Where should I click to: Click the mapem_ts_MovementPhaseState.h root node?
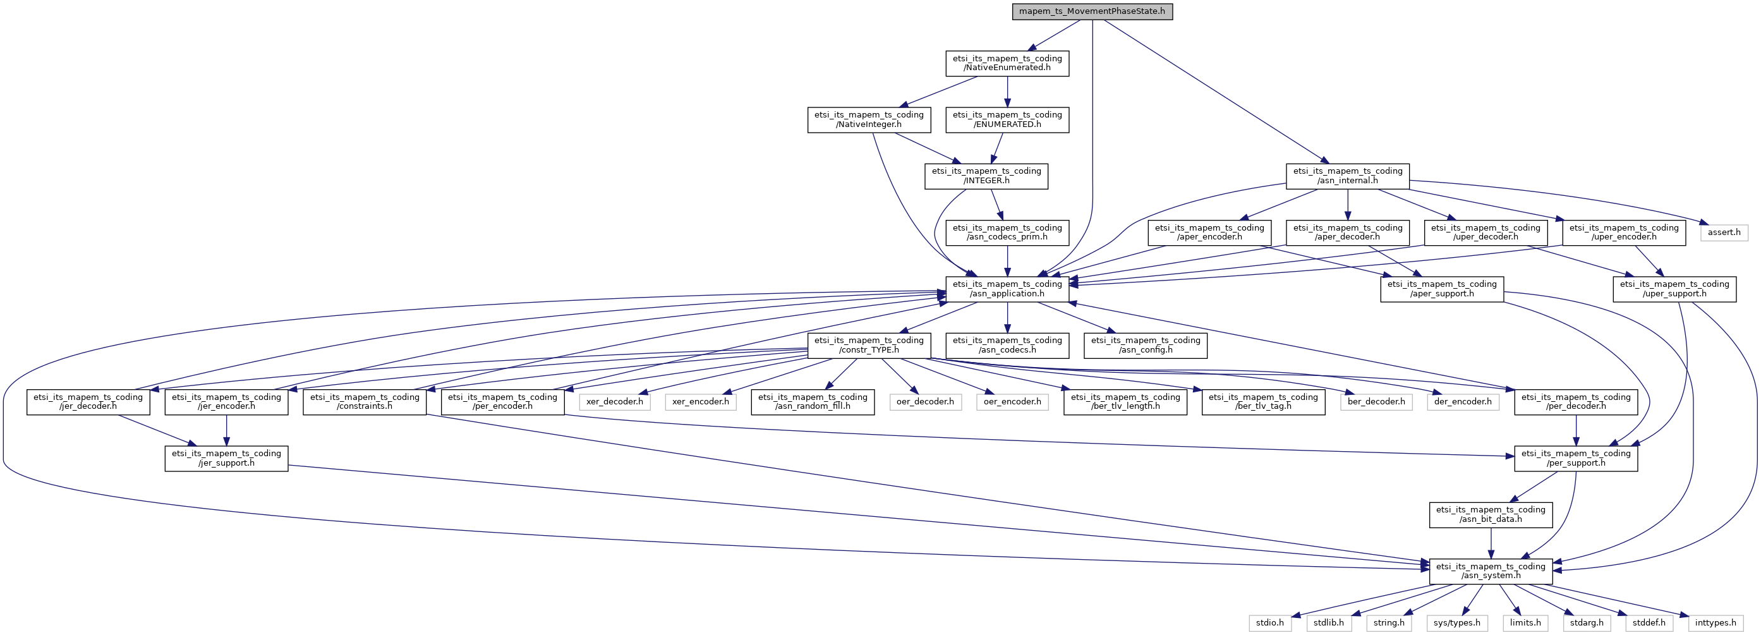1092,11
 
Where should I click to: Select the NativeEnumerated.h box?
1007,63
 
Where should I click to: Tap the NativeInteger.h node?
868,119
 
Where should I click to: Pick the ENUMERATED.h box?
1007,119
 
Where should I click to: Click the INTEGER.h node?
986,176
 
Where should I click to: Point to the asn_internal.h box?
1346,176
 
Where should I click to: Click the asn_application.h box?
1007,289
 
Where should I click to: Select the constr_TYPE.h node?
868,345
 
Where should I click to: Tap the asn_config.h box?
1145,345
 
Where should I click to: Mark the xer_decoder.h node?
614,402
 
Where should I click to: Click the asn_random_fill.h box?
812,402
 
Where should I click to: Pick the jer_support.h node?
226,458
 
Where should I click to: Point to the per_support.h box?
1575,458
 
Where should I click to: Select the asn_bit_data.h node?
1491,515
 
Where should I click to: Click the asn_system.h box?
1491,571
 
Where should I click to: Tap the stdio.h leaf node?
1269,623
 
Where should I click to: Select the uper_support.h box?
1674,289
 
